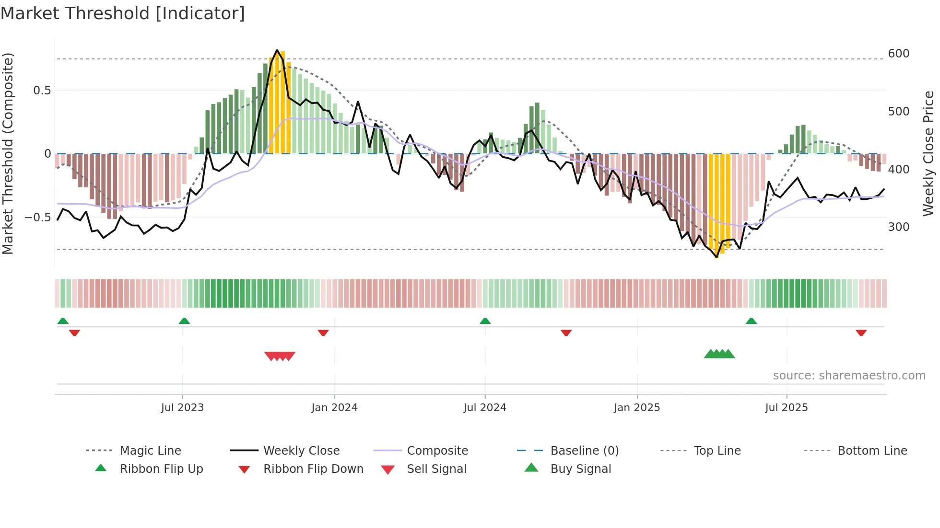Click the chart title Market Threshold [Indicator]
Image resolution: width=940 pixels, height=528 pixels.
coord(123,13)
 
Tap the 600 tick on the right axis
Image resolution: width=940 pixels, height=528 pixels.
coord(898,54)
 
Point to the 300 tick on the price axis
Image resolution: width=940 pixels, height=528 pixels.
coord(898,227)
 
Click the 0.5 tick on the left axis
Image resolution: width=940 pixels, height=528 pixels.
coord(42,91)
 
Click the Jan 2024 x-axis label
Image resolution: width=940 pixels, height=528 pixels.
coord(334,408)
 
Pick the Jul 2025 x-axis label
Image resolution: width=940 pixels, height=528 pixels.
coord(786,408)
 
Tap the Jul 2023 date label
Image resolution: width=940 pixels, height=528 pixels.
coord(182,408)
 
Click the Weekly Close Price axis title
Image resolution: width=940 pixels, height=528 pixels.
coord(928,153)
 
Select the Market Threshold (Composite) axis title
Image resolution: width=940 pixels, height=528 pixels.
coord(8,153)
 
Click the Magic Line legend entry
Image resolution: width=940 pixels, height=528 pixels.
coord(150,451)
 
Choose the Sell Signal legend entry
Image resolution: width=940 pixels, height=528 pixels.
coord(436,469)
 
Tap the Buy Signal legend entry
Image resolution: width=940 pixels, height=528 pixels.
coord(580,469)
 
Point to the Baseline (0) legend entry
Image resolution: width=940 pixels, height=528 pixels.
coord(584,451)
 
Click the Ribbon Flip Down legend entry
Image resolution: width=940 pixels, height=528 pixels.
coord(313,469)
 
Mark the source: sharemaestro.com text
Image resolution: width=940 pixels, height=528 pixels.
coord(849,376)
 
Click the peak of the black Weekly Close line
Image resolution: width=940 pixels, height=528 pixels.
coord(277,50)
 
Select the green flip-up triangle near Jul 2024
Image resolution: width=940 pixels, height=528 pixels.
coord(485,321)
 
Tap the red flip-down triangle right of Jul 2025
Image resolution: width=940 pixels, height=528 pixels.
coord(861,333)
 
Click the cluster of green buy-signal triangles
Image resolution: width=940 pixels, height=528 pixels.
coord(719,354)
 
